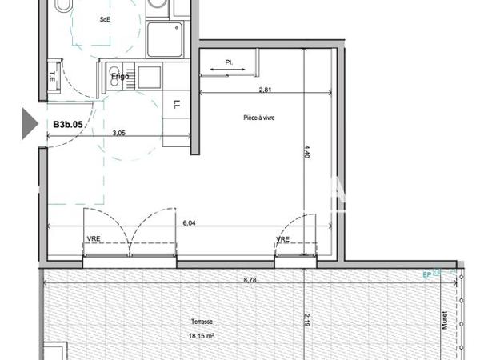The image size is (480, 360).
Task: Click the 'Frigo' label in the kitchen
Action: (120, 78)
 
